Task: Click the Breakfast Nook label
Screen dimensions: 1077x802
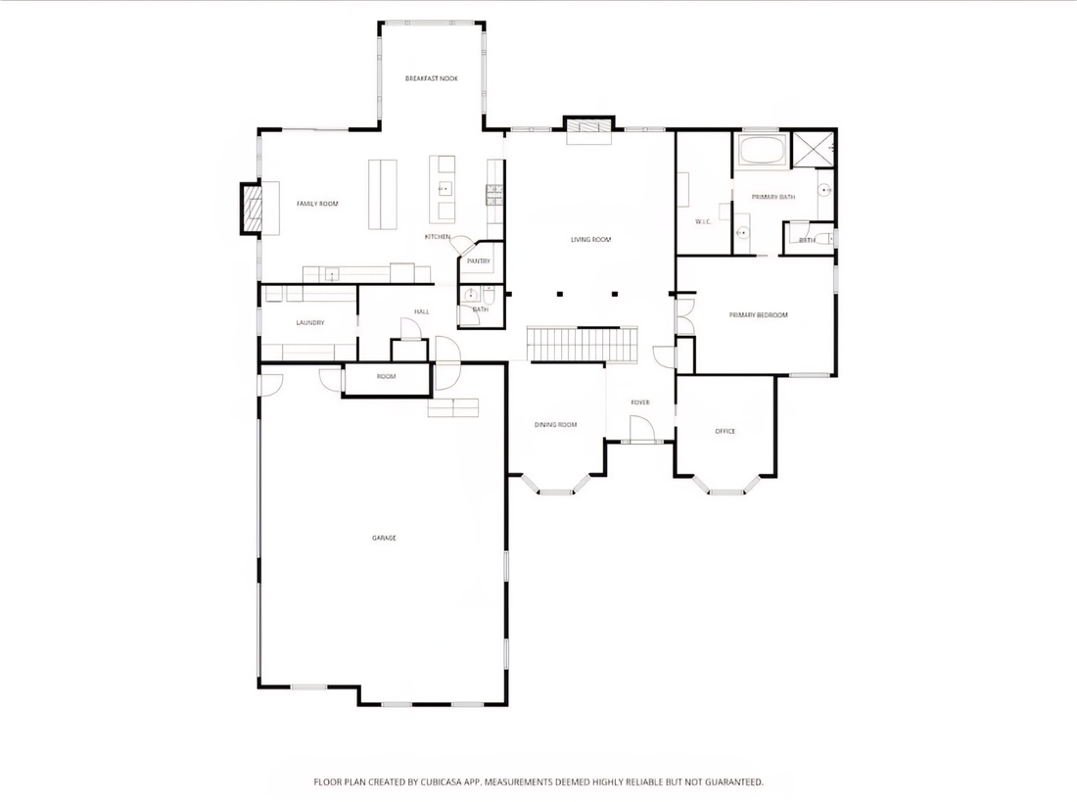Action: tap(432, 78)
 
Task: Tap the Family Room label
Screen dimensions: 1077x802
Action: tap(317, 204)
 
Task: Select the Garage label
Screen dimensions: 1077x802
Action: tap(384, 539)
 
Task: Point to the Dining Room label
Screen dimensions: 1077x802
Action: tap(556, 425)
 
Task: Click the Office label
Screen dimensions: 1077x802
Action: tap(726, 432)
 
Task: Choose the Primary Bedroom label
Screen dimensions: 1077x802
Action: tap(758, 315)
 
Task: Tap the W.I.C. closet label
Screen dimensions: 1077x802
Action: tap(703, 221)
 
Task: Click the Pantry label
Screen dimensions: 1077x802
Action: tap(479, 261)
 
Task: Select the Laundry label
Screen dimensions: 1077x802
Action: tap(310, 323)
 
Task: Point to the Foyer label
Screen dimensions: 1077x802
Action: tap(640, 402)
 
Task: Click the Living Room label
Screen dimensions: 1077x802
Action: tap(590, 240)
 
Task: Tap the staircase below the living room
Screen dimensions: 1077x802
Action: tap(583, 344)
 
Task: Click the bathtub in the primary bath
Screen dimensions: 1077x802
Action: tap(762, 149)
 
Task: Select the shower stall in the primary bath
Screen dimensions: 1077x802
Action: tap(814, 149)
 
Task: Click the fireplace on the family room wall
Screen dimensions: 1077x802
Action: tap(252, 209)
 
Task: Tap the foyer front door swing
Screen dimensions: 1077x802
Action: tap(641, 430)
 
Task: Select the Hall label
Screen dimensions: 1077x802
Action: tap(422, 312)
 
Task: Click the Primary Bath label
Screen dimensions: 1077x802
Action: tap(773, 197)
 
